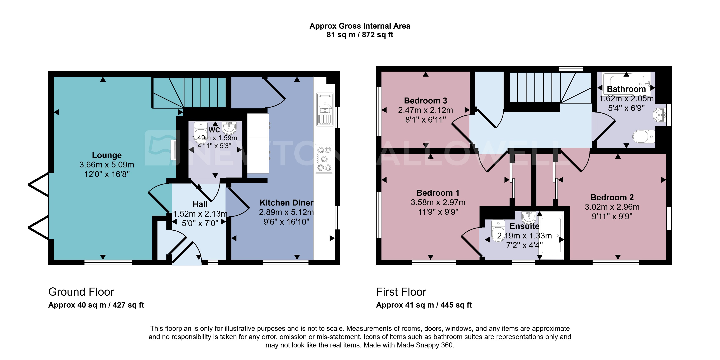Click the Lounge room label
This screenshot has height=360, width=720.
[107, 155]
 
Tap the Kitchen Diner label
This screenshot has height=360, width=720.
[286, 203]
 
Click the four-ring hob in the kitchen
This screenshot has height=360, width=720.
[324, 158]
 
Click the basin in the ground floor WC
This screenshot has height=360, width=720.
[229, 128]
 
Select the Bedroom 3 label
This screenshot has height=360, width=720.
[425, 101]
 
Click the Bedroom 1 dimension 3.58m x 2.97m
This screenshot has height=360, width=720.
[438, 202]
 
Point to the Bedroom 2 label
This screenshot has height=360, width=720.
[612, 197]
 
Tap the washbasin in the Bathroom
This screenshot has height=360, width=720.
[660, 115]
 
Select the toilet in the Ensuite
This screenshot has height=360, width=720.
[498, 230]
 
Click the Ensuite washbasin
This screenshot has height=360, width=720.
[528, 217]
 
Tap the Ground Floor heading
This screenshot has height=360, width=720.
[81, 292]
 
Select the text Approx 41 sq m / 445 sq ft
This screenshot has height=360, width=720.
[424, 305]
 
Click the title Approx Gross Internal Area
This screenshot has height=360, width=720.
[360, 26]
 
